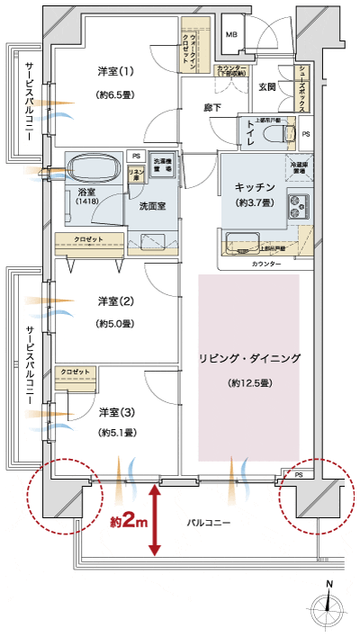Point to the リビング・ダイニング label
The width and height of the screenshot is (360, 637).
coord(249,358)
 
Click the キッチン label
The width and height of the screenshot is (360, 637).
coord(254,186)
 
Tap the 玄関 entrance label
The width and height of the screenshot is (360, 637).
coord(267,87)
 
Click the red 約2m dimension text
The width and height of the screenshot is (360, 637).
coord(127,521)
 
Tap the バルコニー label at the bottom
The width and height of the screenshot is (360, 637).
coord(209,522)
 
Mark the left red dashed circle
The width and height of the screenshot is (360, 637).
coord(63,495)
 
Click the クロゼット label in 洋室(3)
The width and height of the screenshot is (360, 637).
coord(74,371)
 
